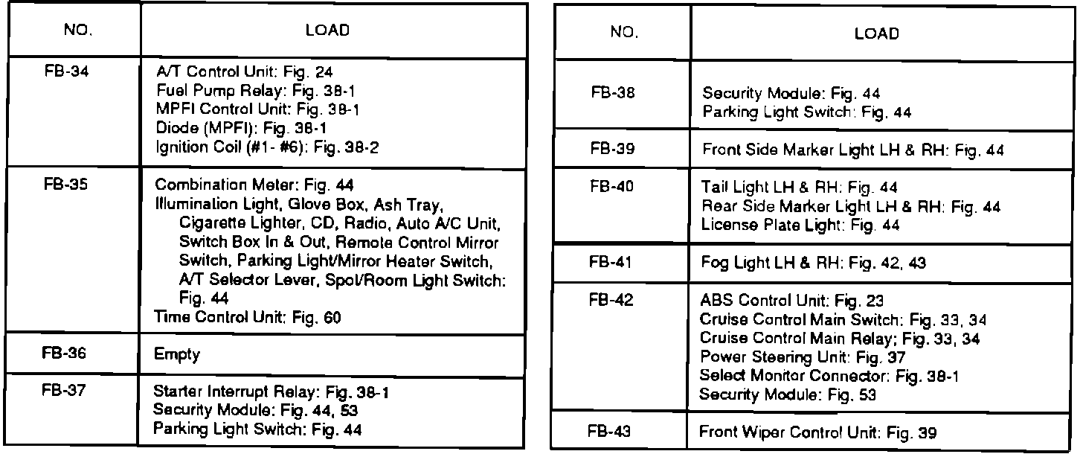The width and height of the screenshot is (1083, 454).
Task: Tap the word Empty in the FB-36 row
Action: (x=177, y=355)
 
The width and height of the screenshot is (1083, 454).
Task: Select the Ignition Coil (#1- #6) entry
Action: (x=266, y=147)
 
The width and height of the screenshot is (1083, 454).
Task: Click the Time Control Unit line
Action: (x=247, y=317)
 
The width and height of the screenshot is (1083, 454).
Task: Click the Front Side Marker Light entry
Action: (x=852, y=150)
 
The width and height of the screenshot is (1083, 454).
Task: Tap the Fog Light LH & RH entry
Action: (x=814, y=263)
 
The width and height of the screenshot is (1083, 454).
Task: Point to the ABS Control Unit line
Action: (x=791, y=301)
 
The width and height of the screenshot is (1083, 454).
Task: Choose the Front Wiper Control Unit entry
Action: (x=817, y=432)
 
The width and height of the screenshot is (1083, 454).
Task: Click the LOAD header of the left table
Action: (x=327, y=31)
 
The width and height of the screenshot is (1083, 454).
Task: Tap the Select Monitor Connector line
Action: (x=829, y=377)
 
